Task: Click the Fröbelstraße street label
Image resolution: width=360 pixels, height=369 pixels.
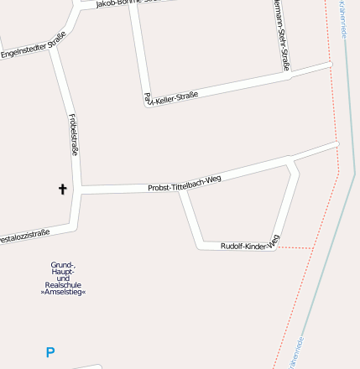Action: click(74, 134)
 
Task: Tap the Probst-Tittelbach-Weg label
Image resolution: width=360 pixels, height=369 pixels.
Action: click(184, 183)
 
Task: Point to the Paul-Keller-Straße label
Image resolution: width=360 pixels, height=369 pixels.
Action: click(172, 98)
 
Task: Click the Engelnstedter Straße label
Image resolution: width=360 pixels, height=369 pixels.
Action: click(34, 47)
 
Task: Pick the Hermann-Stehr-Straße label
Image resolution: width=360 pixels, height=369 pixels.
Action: click(282, 34)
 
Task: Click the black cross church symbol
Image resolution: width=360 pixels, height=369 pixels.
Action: click(62, 190)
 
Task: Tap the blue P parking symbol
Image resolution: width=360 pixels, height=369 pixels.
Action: click(50, 353)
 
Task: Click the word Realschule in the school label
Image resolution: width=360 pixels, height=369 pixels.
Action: click(63, 284)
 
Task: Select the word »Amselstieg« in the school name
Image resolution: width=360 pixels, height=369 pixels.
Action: click(63, 292)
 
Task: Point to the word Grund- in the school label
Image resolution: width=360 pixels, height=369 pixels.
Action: click(63, 264)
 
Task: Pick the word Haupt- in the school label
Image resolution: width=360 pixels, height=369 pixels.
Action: click(63, 271)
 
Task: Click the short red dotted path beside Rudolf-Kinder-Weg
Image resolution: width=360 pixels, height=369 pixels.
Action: click(295, 248)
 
